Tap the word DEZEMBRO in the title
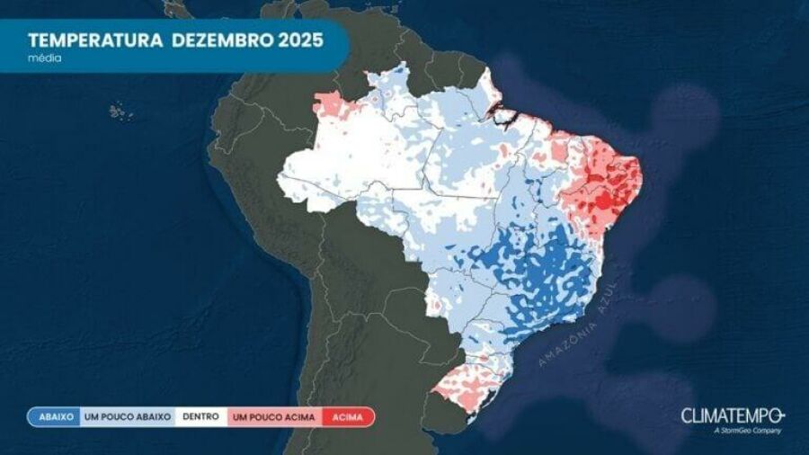[x=221, y=40]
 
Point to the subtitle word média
[x=44, y=58]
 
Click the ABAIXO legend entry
[x=55, y=417]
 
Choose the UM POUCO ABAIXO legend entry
[x=127, y=417]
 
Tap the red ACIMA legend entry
[x=346, y=417]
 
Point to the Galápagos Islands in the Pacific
[x=120, y=112]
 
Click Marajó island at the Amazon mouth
[x=497, y=112]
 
